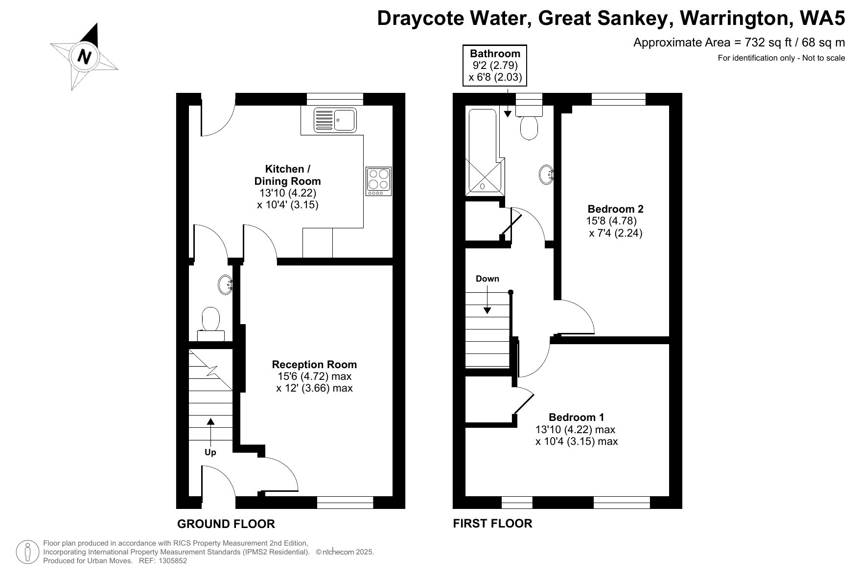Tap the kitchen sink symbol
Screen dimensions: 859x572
335,120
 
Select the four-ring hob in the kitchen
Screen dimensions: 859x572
378,181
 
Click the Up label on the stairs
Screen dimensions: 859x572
210,452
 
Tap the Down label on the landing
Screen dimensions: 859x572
488,279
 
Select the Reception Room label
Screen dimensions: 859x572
314,364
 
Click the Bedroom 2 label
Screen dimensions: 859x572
615,209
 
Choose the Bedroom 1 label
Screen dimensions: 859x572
576,417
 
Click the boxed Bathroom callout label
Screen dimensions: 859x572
495,66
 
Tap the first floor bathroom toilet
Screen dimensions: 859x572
529,123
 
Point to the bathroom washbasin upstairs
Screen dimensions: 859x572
547,174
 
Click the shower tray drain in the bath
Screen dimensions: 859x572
483,186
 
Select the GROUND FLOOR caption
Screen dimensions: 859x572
226,524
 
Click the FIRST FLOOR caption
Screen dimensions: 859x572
492,524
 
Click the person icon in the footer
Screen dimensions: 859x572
28,551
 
